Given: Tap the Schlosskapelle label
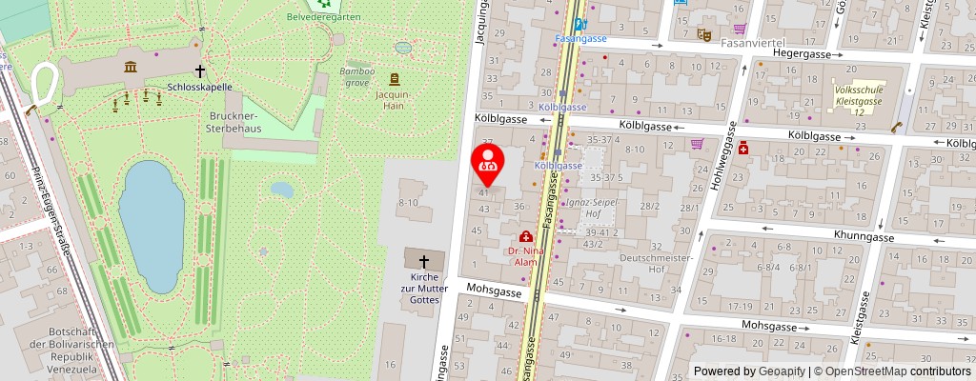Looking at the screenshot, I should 200,86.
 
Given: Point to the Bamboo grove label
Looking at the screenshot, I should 357,76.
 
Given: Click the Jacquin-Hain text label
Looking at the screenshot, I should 392,100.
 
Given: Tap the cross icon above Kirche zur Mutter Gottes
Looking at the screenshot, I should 424,260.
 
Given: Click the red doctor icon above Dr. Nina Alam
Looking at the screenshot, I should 525,236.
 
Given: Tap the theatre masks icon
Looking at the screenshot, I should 704,34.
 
